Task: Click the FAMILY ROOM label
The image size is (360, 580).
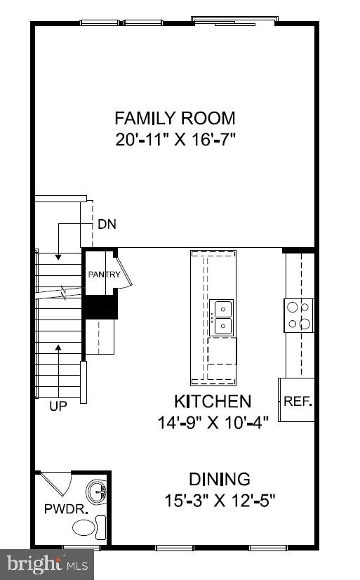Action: (175, 118)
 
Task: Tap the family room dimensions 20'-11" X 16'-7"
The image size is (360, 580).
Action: (175, 138)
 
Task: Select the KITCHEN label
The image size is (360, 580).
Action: (212, 402)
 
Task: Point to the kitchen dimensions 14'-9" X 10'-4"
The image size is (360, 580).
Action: (212, 423)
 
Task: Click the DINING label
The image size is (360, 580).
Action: (220, 480)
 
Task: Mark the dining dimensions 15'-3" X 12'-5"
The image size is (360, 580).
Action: (220, 501)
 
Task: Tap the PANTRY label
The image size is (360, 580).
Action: (104, 275)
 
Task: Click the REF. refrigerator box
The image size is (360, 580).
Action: (297, 401)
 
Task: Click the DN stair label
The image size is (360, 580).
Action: (107, 225)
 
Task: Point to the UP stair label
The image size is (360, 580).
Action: (58, 406)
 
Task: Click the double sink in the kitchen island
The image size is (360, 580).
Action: (222, 317)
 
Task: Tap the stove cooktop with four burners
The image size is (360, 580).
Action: (298, 315)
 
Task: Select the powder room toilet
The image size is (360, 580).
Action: (86, 527)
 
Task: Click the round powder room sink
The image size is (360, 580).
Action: (95, 489)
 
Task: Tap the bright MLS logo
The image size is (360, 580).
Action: (47, 563)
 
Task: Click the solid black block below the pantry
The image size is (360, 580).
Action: (100, 306)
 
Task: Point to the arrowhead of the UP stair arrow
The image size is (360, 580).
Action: (58, 347)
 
